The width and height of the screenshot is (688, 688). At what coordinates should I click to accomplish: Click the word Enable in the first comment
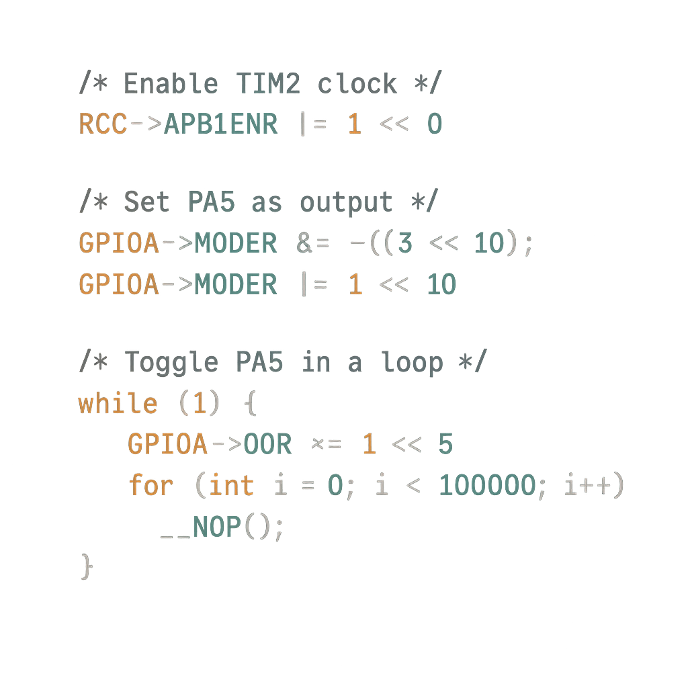pyautogui.click(x=171, y=84)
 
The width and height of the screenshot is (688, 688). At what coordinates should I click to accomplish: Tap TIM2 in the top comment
pyautogui.click(x=267, y=84)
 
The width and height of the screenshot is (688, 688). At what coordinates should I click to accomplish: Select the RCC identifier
pyautogui.click(x=103, y=124)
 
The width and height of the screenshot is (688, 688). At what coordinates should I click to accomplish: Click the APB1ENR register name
pyautogui.click(x=220, y=124)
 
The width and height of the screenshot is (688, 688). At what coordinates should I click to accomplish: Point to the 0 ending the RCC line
pyautogui.click(x=434, y=124)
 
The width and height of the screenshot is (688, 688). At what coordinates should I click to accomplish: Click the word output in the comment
pyautogui.click(x=345, y=202)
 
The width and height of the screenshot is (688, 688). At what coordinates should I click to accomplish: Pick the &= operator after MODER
pyautogui.click(x=312, y=243)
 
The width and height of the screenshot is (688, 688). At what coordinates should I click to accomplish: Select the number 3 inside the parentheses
pyautogui.click(x=404, y=243)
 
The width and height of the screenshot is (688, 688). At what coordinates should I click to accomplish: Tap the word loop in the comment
pyautogui.click(x=412, y=362)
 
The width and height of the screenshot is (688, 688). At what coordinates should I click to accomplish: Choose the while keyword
pyautogui.click(x=118, y=404)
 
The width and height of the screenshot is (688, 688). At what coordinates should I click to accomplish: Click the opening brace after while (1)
pyautogui.click(x=249, y=404)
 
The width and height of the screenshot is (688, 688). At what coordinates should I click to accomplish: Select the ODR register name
pyautogui.click(x=267, y=444)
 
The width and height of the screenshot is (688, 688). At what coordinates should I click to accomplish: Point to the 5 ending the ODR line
pyautogui.click(x=445, y=444)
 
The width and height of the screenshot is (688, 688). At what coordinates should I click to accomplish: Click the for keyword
pyautogui.click(x=150, y=485)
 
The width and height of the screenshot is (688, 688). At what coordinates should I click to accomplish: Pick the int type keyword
pyautogui.click(x=231, y=485)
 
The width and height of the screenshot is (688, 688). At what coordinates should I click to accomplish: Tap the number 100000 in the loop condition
pyautogui.click(x=487, y=485)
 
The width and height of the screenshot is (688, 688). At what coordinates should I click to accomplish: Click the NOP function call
pyautogui.click(x=216, y=526)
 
